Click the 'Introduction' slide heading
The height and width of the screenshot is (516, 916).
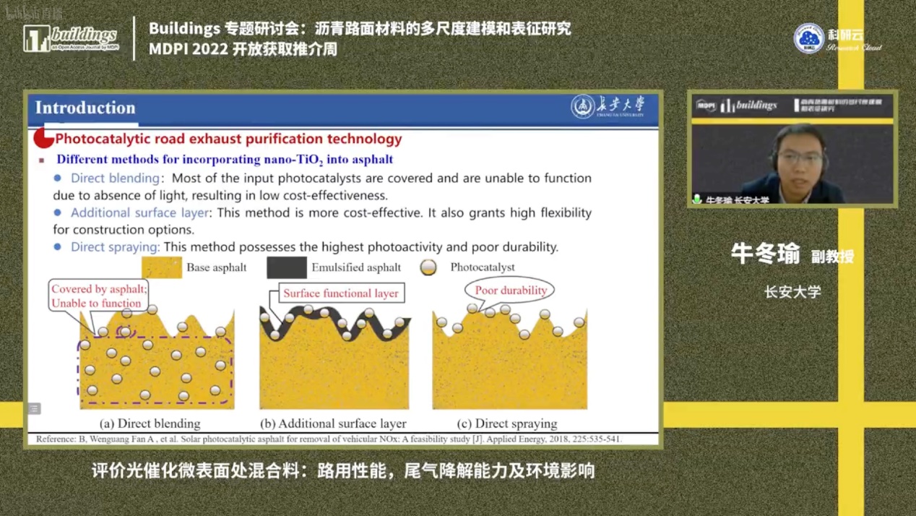pyautogui.click(x=85, y=108)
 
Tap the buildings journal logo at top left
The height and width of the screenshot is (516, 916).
pyautogui.click(x=71, y=38)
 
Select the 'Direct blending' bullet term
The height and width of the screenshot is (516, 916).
pyautogui.click(x=115, y=178)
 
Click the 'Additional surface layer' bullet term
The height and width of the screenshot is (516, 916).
pyautogui.click(x=139, y=212)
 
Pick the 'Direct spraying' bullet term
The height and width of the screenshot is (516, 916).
pyautogui.click(x=115, y=247)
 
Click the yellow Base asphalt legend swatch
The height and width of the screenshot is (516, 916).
pyautogui.click(x=162, y=267)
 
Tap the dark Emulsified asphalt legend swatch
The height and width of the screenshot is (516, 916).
pyautogui.click(x=287, y=267)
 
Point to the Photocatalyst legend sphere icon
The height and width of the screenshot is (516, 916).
pyautogui.click(x=428, y=267)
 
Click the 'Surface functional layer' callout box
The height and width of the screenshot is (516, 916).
pyautogui.click(x=340, y=293)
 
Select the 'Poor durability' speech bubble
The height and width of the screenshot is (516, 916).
pyautogui.click(x=510, y=291)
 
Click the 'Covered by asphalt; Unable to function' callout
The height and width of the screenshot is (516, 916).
pyautogui.click(x=99, y=296)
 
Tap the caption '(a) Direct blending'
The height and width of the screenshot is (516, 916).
pyautogui.click(x=150, y=423)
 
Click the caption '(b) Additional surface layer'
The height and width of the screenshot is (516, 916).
pyautogui.click(x=333, y=423)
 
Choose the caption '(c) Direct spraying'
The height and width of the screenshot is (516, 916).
pyautogui.click(x=506, y=423)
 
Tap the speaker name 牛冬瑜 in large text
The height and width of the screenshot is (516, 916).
pyautogui.click(x=765, y=254)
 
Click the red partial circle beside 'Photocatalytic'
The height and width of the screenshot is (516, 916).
pyautogui.click(x=43, y=138)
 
